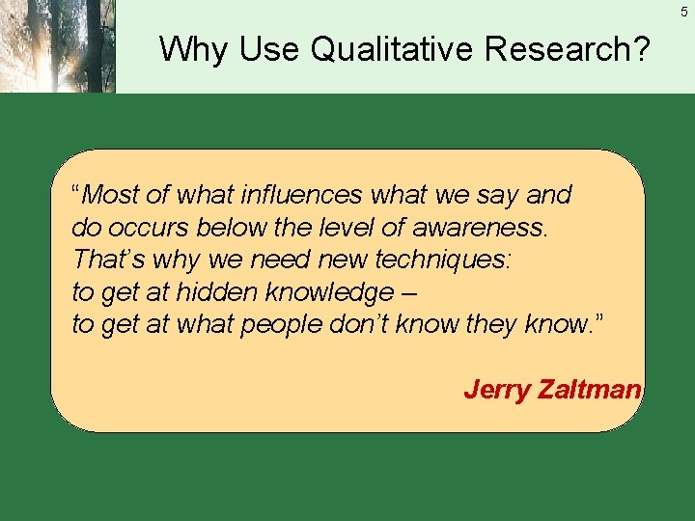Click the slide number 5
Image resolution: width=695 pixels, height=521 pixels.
(683, 12)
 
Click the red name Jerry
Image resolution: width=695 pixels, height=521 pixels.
(496, 389)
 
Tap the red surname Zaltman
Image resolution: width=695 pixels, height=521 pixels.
(589, 389)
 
